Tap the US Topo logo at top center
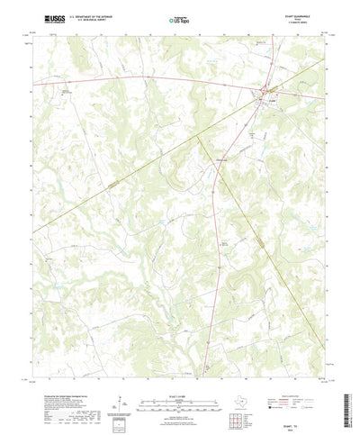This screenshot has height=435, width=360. [x=180, y=18]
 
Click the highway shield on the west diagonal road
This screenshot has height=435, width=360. [x=114, y=183]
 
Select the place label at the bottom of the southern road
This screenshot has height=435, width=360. [x=206, y=346]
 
